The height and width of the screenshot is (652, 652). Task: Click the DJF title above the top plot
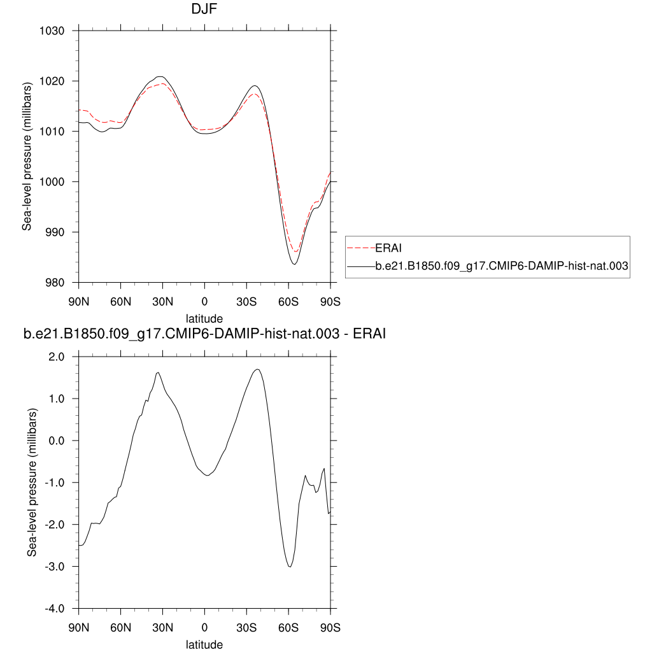coord(204,10)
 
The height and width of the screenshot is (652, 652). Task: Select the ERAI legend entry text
coord(388,248)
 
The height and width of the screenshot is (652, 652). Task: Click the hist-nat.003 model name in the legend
coord(502,267)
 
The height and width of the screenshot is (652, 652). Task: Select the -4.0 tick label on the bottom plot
coord(57,608)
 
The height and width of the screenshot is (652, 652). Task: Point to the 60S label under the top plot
coord(288,301)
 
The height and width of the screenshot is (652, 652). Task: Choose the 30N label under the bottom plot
coord(162,627)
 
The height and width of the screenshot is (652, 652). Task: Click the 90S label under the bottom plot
coord(330,627)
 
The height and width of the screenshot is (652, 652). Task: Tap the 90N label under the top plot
coord(78,301)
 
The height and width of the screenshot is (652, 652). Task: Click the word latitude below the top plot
coord(204,317)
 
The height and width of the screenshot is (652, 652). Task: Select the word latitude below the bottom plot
coord(204,644)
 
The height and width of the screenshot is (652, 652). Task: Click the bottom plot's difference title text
coord(204,334)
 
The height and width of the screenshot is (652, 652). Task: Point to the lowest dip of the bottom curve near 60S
coord(290,566)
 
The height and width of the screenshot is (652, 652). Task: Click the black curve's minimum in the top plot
coord(294,264)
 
